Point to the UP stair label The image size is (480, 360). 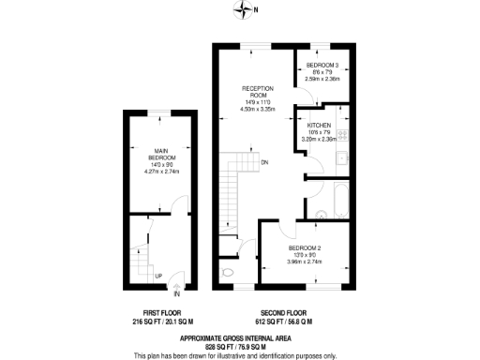pos(158,275)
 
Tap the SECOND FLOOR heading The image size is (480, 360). pos(286,312)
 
